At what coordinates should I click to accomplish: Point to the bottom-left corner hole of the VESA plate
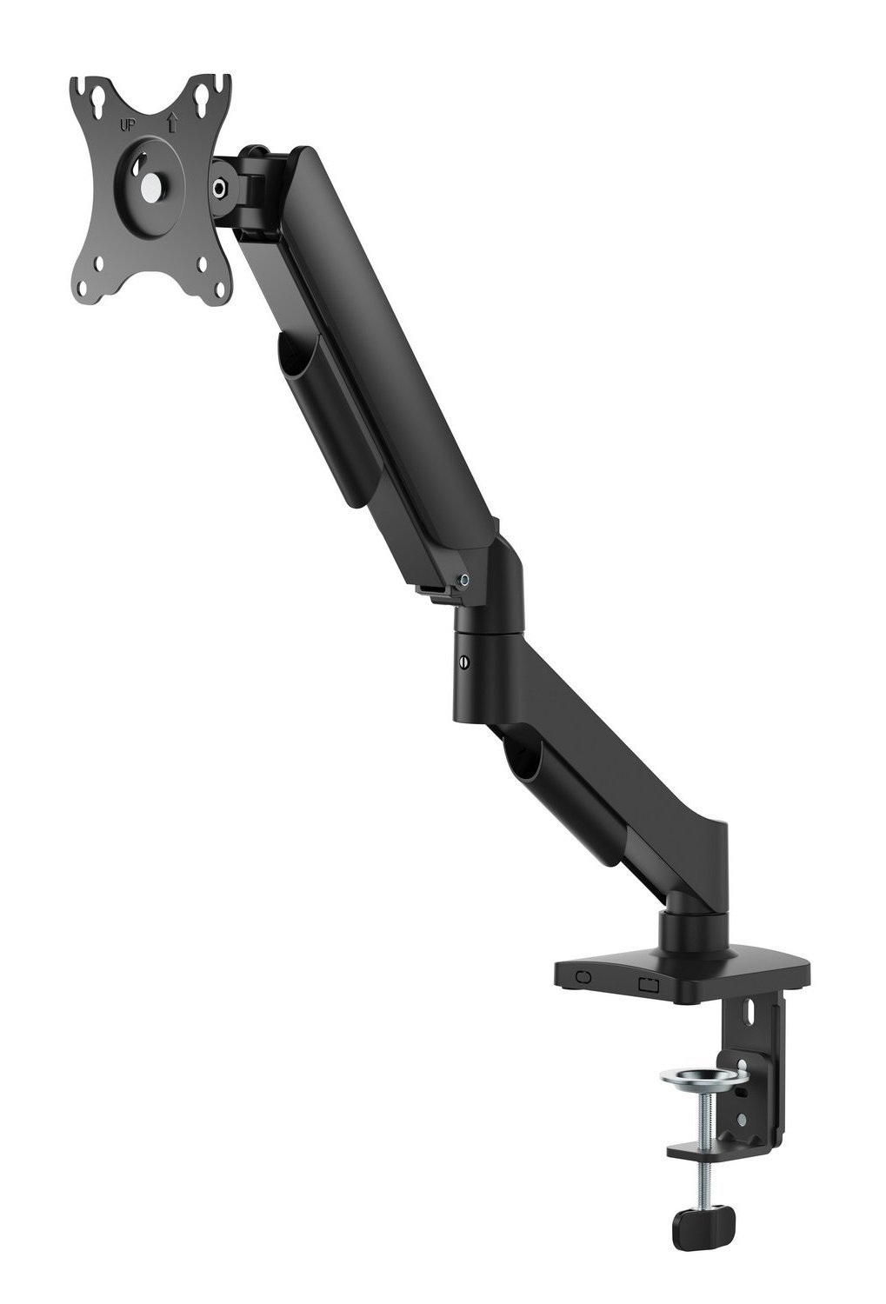coord(100,263)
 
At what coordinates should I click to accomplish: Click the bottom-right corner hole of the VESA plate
coord(203,265)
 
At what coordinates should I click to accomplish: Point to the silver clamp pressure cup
coord(703,1078)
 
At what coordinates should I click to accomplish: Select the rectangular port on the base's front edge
coord(649,984)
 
